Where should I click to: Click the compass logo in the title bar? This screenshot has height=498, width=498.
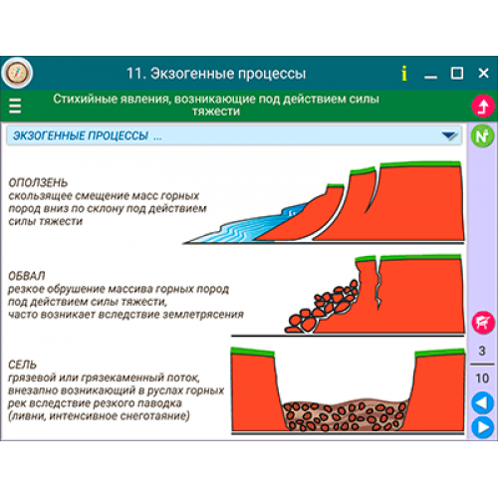tap(17, 73)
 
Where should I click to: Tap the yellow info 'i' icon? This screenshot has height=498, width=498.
tap(404, 73)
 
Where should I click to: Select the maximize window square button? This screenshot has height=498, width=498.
tap(457, 73)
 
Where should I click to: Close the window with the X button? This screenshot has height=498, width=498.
tap(483, 73)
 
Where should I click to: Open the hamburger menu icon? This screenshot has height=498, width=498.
tap(15, 106)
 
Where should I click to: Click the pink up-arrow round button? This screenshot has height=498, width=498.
tap(483, 106)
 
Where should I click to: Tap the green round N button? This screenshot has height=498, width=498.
tap(482, 135)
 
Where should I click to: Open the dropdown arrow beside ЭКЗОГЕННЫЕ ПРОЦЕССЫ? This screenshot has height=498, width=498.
tap(449, 135)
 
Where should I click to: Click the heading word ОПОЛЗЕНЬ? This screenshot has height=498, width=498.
tap(38, 182)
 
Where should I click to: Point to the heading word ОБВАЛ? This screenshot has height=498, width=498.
tap(27, 276)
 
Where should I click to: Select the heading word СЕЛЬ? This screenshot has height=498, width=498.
tap(22, 365)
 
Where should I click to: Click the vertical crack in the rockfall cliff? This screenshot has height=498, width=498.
tap(378, 284)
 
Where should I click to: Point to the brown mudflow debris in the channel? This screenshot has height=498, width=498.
tap(345, 415)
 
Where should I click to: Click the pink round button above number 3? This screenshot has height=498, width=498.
tap(483, 323)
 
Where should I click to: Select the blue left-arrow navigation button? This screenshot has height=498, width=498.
tap(483, 402)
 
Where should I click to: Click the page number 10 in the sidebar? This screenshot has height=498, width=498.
tap(482, 378)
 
